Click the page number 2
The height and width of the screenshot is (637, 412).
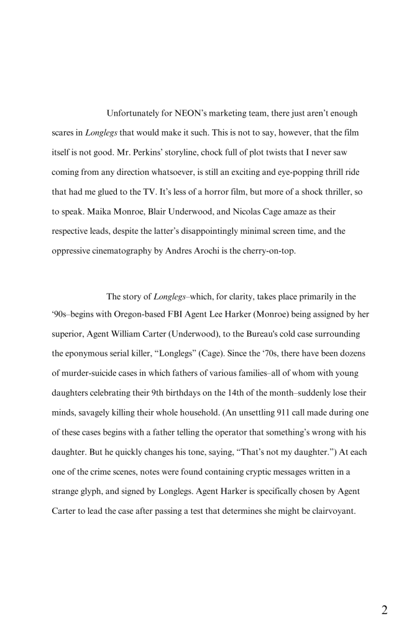385,610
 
